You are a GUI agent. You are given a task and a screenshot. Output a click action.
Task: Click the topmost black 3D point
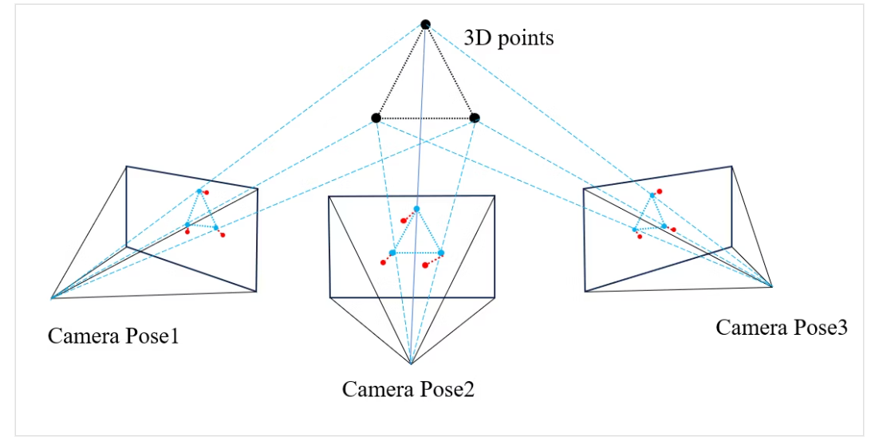[x=425, y=25]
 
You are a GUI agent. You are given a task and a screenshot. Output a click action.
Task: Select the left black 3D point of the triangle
[x=376, y=118]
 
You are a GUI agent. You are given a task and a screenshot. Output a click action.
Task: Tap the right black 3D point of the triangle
[x=475, y=118]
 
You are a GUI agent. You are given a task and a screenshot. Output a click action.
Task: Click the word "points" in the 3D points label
[x=526, y=38]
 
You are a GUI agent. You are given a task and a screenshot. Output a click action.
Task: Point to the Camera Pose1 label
[x=113, y=336]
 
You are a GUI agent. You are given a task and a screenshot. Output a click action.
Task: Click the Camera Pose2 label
[x=408, y=389]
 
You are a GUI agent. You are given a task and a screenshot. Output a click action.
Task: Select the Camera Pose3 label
[x=782, y=328]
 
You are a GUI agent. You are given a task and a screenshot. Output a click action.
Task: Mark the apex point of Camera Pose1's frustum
[x=52, y=298]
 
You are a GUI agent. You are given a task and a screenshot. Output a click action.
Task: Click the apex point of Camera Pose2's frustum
[x=411, y=364]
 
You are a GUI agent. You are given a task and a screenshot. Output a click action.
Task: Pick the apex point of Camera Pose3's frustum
[x=772, y=285]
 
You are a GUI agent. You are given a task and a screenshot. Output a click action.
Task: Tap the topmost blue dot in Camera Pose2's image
[x=416, y=209]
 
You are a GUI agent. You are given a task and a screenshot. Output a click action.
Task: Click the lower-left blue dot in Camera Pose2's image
[x=392, y=253]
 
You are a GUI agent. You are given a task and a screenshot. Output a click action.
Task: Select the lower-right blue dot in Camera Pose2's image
[x=441, y=253]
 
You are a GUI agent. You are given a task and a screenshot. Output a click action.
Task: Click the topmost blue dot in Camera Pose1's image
[x=199, y=191]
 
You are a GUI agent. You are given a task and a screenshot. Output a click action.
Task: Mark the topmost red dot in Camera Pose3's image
[x=660, y=191]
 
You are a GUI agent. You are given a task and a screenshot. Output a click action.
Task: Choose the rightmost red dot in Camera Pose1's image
[x=223, y=235]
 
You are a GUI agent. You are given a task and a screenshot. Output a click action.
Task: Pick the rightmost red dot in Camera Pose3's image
[x=674, y=230]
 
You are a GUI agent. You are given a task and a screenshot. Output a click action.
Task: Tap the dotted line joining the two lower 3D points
[x=425, y=118]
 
